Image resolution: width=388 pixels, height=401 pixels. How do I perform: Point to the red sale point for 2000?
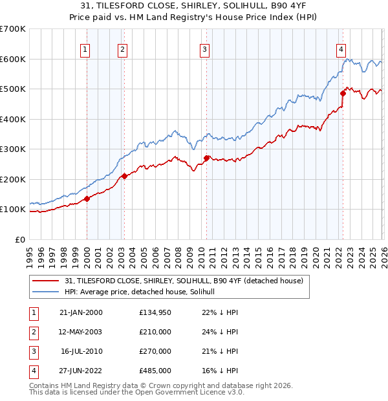[x=87, y=199]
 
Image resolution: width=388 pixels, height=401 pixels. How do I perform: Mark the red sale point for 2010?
[x=206, y=158]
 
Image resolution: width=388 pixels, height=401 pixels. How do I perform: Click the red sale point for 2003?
[x=124, y=176]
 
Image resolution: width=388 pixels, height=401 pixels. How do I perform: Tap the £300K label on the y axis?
[x=13, y=149]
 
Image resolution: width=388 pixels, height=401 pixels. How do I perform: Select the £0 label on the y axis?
[x=19, y=239]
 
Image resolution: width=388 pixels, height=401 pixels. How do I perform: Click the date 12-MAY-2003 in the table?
[x=80, y=332]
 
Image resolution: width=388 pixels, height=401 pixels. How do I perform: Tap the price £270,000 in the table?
[x=155, y=351]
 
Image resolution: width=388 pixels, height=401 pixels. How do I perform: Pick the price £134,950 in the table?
[x=155, y=312]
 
